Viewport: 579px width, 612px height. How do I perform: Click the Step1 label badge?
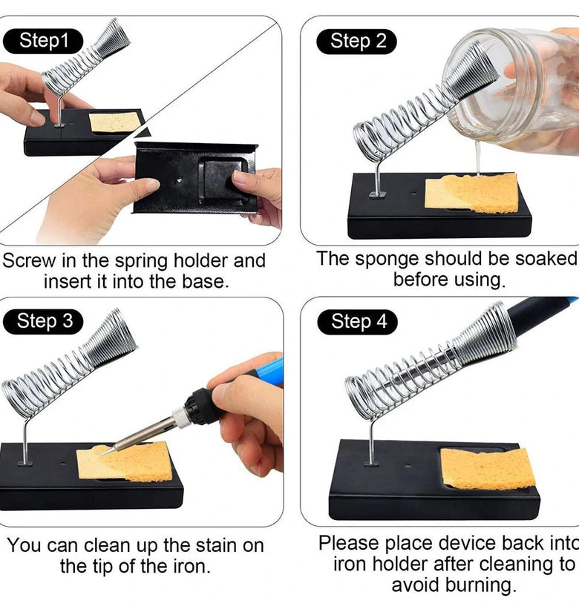pyautogui.click(x=43, y=41)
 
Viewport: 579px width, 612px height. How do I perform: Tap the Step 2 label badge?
pyautogui.click(x=357, y=42)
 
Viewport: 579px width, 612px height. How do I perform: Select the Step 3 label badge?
pyautogui.click(x=43, y=322)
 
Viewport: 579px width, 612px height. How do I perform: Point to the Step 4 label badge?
pyautogui.click(x=358, y=322)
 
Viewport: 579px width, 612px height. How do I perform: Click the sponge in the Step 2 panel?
pyautogui.click(x=471, y=193)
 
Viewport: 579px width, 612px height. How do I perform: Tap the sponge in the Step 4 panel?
pyautogui.click(x=488, y=468)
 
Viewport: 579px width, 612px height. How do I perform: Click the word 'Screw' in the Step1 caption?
pyautogui.click(x=29, y=260)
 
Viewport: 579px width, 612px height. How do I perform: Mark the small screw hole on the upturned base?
pyautogui.click(x=180, y=180)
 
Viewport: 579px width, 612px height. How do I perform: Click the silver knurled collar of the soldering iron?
pyautogui.click(x=180, y=416)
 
